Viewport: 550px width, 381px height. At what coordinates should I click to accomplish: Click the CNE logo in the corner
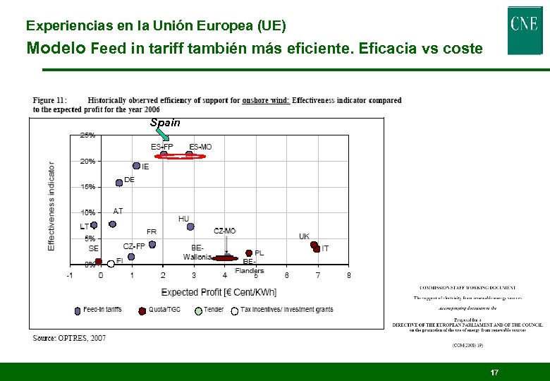point(525,30)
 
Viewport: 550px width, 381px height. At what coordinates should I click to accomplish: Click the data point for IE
point(137,166)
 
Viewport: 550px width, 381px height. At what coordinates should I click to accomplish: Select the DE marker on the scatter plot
point(119,183)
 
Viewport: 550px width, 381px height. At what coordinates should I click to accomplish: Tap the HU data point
point(190,227)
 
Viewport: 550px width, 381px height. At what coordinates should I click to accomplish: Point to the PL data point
point(249,253)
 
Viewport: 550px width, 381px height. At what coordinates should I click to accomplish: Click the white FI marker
point(111,265)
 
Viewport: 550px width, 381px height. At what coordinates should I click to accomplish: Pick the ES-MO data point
point(189,154)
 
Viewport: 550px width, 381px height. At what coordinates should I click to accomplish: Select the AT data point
point(113,224)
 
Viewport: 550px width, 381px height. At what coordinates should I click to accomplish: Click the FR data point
point(152,244)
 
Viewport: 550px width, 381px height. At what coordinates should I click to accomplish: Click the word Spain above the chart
point(165,123)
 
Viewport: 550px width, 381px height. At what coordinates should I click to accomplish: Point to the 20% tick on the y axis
point(87,161)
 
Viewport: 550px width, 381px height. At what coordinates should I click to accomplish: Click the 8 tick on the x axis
point(348,275)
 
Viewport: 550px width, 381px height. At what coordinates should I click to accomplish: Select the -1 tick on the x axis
point(69,275)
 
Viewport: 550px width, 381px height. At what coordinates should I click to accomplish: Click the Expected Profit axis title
point(219,292)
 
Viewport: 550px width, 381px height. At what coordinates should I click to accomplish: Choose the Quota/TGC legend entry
point(161,310)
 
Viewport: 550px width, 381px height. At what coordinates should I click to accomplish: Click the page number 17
point(494,372)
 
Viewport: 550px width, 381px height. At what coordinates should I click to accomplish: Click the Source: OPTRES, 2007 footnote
point(70,339)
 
